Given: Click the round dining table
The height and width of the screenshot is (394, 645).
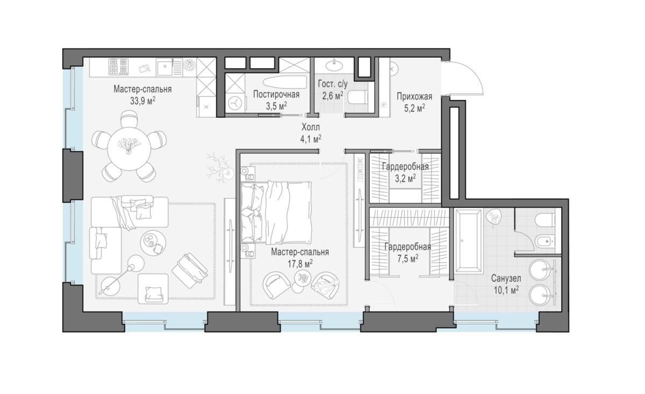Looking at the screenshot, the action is [129, 149].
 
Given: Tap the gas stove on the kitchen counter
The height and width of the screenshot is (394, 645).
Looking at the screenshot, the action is [118, 67].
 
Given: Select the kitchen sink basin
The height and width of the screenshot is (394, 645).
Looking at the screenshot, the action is [165, 67].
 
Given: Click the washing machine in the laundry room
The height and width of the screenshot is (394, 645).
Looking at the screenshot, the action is [235, 103].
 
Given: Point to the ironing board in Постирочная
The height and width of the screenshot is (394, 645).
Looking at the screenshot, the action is [285, 82].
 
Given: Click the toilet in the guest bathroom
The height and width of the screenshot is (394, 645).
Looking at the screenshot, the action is [357, 97].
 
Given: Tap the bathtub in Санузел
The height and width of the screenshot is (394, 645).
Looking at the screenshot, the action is [468, 241].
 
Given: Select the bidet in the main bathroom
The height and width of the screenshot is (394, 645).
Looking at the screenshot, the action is [545, 241].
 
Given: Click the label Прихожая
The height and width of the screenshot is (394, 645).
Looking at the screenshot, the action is [414, 96].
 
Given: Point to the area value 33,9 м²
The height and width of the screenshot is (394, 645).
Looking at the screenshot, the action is [143, 101].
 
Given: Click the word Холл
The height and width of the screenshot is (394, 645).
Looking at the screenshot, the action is [311, 127].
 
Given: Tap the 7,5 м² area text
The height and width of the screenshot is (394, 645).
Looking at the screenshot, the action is [408, 259].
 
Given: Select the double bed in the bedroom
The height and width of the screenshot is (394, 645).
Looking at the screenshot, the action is [276, 213].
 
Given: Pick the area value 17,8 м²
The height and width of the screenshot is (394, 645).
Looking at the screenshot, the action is [300, 264].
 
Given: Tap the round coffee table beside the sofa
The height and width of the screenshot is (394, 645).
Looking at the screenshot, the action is [153, 243].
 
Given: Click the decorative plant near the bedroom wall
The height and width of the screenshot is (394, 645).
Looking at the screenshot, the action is [219, 168].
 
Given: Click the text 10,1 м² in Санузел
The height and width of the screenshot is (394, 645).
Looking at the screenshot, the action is [506, 290].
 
